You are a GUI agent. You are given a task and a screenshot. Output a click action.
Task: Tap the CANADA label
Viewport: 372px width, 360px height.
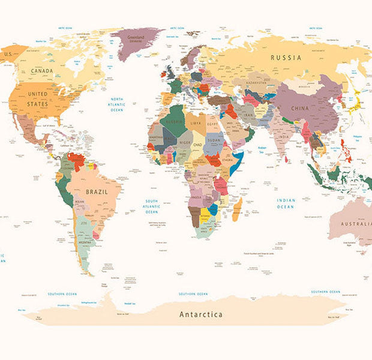(42, 70)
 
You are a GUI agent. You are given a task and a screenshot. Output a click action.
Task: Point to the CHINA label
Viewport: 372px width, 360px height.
(300, 108)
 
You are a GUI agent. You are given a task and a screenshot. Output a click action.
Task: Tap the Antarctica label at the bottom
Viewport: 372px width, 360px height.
(201, 314)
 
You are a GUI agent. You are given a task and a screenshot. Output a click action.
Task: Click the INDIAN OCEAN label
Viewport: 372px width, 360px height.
(286, 203)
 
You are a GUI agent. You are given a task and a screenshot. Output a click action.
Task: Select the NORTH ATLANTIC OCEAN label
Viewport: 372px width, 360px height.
(116, 104)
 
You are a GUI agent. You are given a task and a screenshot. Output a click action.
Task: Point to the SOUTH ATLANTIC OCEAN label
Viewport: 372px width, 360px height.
(151, 206)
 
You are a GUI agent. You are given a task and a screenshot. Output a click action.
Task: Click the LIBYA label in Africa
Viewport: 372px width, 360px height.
(196, 122)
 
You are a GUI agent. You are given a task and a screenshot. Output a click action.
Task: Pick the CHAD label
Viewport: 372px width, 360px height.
(197, 144)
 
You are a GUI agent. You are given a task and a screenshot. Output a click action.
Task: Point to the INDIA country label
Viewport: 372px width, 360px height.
(283, 137)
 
